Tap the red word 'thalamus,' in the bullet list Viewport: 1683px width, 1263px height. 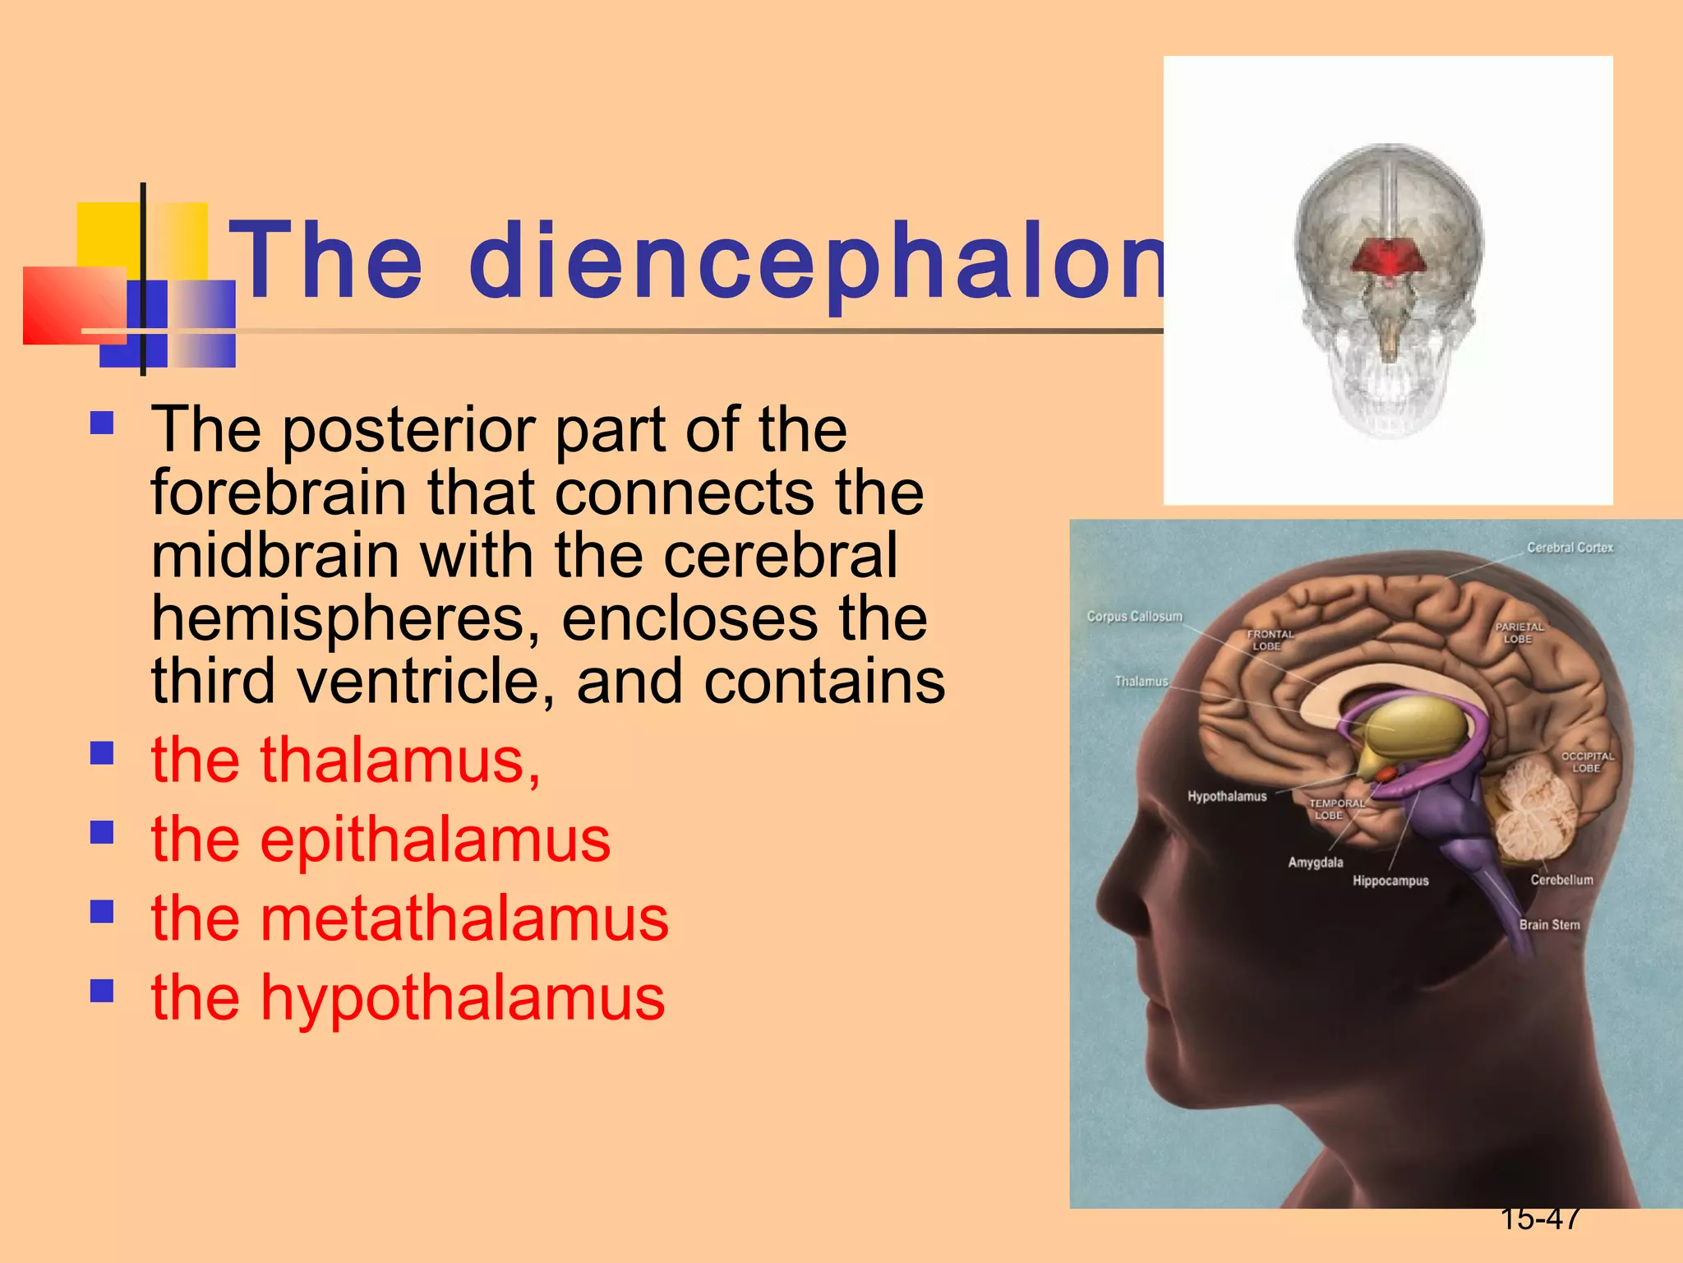pyautogui.click(x=400, y=760)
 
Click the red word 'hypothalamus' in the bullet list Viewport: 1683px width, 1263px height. pyautogui.click(x=463, y=997)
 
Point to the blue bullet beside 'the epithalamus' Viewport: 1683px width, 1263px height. pyautogui.click(x=102, y=833)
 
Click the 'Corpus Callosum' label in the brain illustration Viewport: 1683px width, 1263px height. pyautogui.click(x=1134, y=616)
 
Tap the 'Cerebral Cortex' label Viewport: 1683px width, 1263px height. pyautogui.click(x=1570, y=548)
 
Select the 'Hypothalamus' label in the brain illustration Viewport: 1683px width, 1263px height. pyautogui.click(x=1227, y=796)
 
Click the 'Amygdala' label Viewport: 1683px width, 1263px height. pyautogui.click(x=1315, y=862)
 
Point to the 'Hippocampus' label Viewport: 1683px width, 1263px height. pyautogui.click(x=1390, y=881)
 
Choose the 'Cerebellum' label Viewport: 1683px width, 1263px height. pyautogui.click(x=1561, y=880)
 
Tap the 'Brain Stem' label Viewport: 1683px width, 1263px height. pyautogui.click(x=1549, y=924)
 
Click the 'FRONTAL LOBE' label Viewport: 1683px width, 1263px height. pyautogui.click(x=1270, y=640)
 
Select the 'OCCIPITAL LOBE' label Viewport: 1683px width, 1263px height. pyautogui.click(x=1588, y=761)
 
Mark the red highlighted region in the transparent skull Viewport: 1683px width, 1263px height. pyautogui.click(x=1389, y=257)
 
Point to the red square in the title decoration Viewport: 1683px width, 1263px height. pyautogui.click(x=72, y=304)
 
